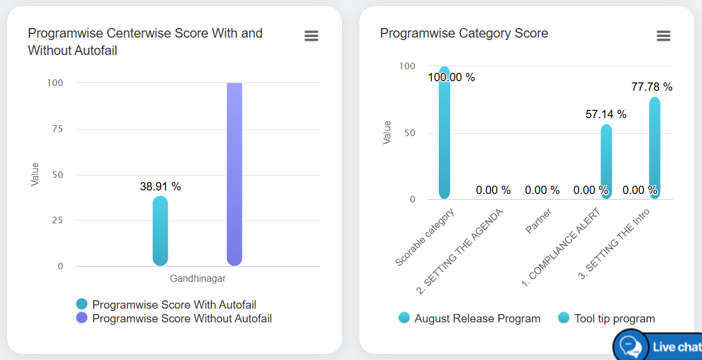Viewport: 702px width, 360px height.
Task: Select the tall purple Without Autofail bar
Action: point(235,174)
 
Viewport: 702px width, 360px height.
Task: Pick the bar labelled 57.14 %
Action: point(606,161)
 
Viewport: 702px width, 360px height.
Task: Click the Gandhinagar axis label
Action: point(198,278)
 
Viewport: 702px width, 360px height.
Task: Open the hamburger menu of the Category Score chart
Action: point(663,36)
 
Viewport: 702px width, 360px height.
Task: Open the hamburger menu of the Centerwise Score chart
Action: point(311,36)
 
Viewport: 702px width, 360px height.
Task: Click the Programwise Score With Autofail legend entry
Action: point(174,305)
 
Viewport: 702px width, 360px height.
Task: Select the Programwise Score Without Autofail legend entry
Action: point(181,319)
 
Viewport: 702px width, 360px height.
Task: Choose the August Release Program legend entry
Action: point(476,319)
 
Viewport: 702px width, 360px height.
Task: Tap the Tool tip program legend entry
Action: point(614,319)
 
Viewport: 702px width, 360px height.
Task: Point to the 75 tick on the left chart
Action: point(58,129)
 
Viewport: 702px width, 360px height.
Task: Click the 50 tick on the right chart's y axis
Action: point(409,133)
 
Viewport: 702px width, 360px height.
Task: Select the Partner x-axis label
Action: point(538,221)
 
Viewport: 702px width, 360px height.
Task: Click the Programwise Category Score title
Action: point(464,33)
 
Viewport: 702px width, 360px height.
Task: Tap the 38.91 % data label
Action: point(160,187)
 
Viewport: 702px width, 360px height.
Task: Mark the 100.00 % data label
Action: point(451,78)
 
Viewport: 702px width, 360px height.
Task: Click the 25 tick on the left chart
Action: point(58,220)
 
